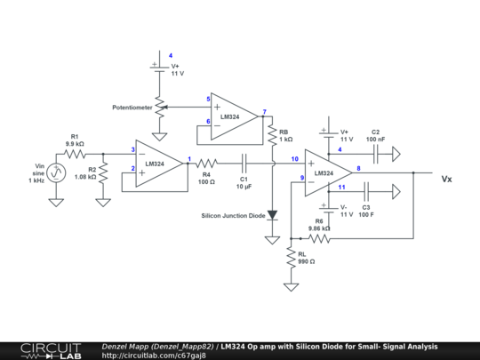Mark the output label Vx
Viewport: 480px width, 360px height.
tap(446, 179)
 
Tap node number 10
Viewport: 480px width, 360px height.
tap(294, 159)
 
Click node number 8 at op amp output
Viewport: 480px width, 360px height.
tap(358, 168)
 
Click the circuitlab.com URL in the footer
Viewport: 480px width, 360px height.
tap(154, 356)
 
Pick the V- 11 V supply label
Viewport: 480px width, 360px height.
tap(345, 211)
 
